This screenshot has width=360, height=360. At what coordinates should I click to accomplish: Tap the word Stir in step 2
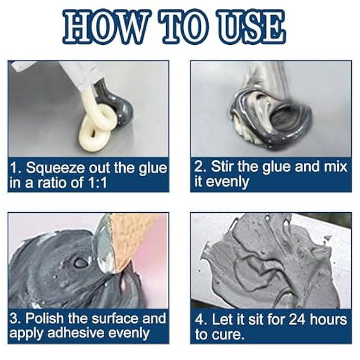point(220,167)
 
